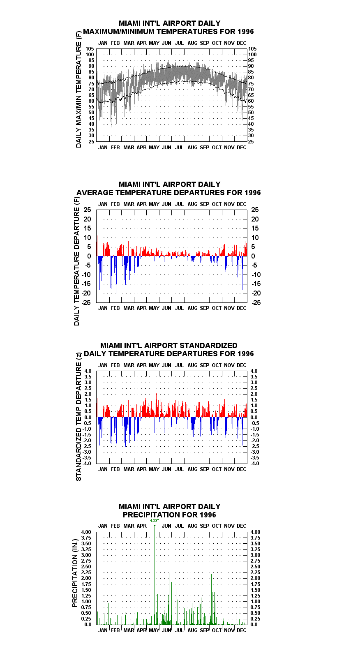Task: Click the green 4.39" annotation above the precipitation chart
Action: [x=155, y=521]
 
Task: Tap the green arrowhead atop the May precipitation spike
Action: [x=155, y=526]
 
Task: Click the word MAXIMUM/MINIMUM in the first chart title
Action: [x=122, y=32]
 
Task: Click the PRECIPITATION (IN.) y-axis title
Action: [x=75, y=573]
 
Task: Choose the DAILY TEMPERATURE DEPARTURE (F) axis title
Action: [x=76, y=261]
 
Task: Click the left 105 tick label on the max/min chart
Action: [x=90, y=49]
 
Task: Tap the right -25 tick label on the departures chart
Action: [x=256, y=302]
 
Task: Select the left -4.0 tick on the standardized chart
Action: [x=87, y=464]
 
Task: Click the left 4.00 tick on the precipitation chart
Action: [x=86, y=532]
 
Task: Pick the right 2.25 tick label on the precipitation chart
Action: [x=256, y=572]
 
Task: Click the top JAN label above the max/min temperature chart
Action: [x=103, y=43]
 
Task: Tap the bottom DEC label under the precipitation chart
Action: [x=242, y=630]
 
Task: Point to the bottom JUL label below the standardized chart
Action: [x=180, y=469]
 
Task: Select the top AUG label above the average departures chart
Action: [x=193, y=204]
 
